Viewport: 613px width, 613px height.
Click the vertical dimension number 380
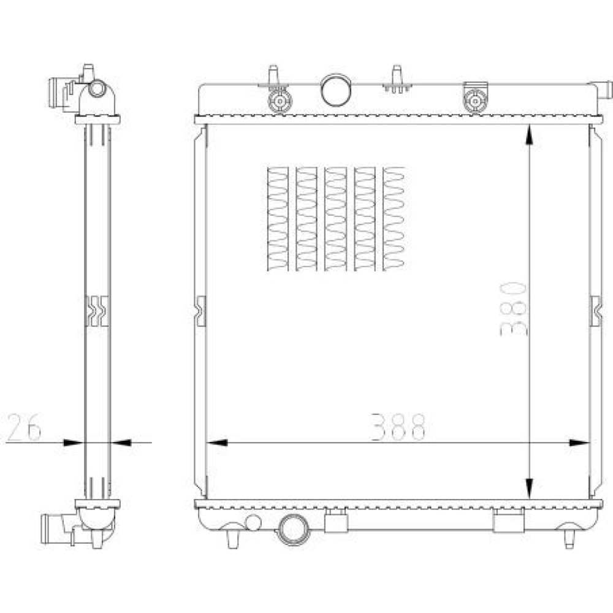513,309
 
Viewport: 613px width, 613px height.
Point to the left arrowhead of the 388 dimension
216,443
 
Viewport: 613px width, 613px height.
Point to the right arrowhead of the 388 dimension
579,443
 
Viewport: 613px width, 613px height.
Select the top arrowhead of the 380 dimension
530,135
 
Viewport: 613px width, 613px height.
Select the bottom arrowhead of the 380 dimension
530,489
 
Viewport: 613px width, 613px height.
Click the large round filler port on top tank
336,90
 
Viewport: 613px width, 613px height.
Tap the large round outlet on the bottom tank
293,530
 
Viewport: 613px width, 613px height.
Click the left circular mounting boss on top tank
280,101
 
